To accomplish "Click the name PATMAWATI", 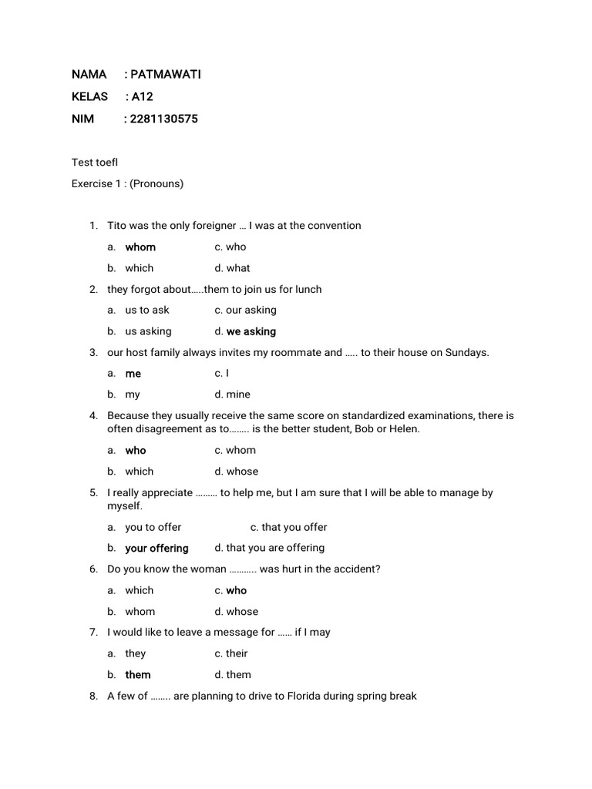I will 166,74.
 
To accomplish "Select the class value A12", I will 143,96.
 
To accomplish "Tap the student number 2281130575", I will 164,119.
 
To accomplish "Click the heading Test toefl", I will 95,162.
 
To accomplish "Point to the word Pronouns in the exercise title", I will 156,183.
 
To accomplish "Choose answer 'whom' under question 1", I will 140,247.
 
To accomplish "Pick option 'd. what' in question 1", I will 232,268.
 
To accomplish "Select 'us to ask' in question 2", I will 147,310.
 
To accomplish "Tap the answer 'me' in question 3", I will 133,373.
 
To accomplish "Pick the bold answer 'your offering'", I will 156,548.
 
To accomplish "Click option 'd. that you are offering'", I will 269,548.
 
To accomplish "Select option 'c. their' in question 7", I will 231,653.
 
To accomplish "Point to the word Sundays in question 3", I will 466,352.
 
